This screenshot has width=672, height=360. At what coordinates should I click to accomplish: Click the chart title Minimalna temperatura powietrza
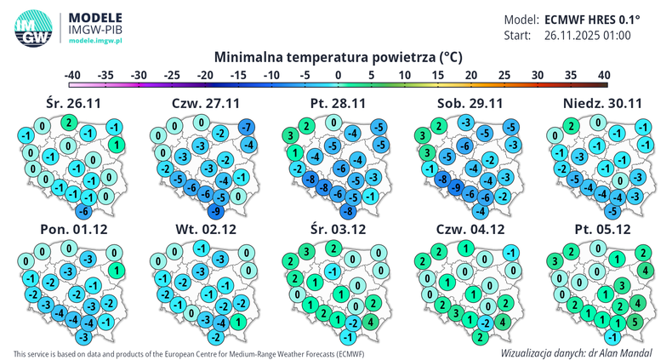pyautogui.click(x=338, y=58)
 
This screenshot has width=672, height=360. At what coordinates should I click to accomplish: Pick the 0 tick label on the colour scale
pyautogui.click(x=339, y=76)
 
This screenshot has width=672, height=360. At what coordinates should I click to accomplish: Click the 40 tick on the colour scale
pyautogui.click(x=604, y=76)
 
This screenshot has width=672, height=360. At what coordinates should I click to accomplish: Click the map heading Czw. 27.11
pyautogui.click(x=204, y=103)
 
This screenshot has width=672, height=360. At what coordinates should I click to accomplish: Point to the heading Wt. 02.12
pyautogui.click(x=205, y=230)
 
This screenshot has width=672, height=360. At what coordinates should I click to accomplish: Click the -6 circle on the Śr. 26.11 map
pyautogui.click(x=83, y=210)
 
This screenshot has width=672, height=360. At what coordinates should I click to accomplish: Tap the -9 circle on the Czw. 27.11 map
pyautogui.click(x=217, y=210)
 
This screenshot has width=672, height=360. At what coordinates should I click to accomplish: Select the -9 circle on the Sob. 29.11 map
pyautogui.click(x=456, y=187)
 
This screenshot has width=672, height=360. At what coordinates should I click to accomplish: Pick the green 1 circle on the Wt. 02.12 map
pyautogui.click(x=239, y=322)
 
